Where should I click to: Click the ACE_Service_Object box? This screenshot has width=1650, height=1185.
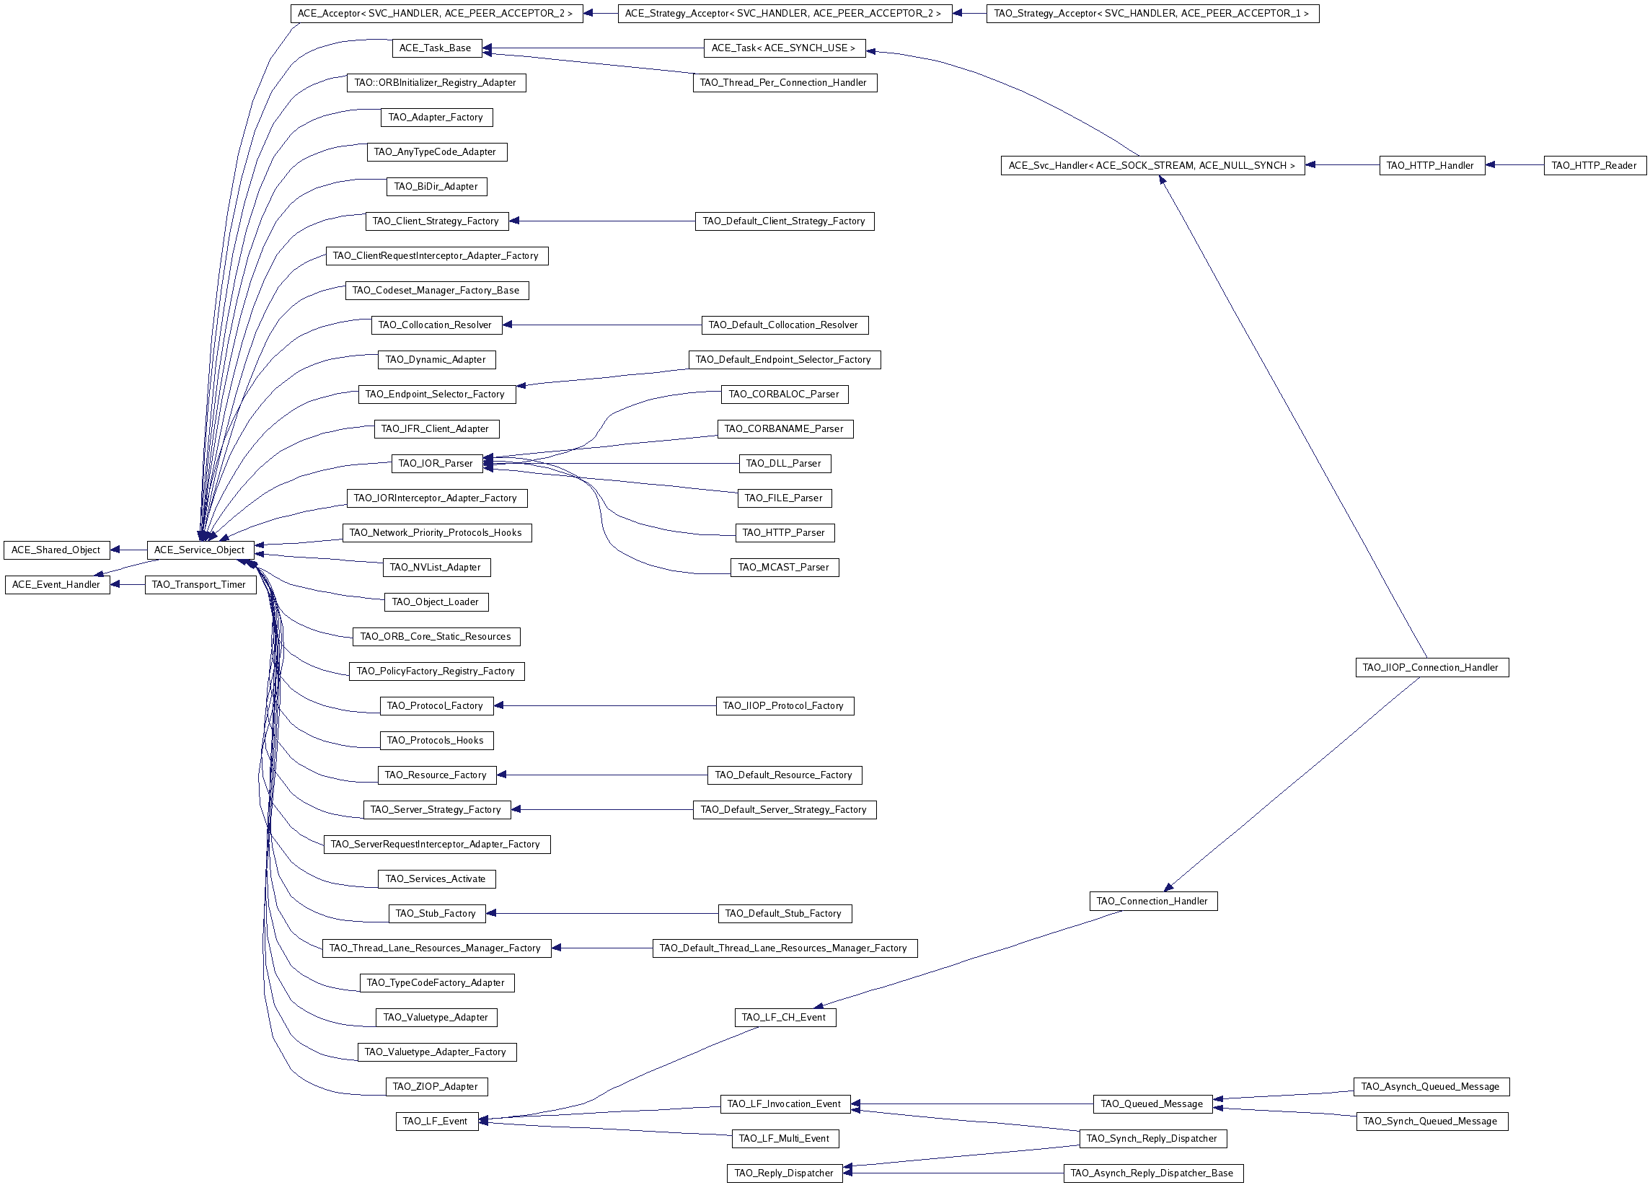coord(200,550)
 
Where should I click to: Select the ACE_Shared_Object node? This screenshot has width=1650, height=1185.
coord(56,550)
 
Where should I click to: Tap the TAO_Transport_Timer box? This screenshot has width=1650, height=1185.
coord(200,585)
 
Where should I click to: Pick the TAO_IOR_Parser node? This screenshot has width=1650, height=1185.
coord(436,463)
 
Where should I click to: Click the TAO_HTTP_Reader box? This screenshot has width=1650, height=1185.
coord(1593,165)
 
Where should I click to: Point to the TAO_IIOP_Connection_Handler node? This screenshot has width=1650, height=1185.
coord(1431,668)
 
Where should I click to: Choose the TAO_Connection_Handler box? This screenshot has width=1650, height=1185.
coord(1152,902)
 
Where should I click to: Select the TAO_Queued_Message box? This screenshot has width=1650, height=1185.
coord(1152,1104)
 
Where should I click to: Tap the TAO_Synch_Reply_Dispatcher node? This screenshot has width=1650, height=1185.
coord(1152,1138)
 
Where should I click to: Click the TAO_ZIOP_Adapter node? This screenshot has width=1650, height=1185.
coord(436,1087)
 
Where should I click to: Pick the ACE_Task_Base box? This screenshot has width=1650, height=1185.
coord(436,48)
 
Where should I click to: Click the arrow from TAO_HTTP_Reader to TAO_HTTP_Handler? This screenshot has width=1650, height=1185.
coord(1513,165)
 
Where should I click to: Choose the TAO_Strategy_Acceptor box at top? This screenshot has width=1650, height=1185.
coord(1152,13)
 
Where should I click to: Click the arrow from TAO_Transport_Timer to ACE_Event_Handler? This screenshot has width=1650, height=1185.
coord(128,585)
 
